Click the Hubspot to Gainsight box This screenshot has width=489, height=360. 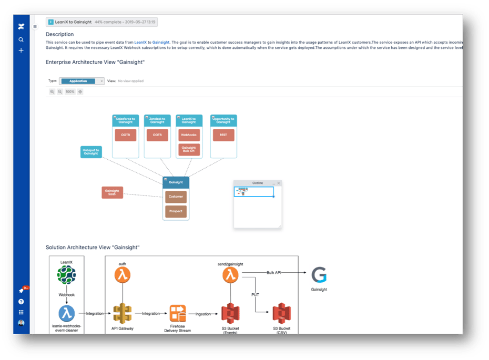[x=90, y=152]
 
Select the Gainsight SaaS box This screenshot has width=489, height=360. [x=112, y=192]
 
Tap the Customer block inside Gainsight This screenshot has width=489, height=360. [x=176, y=197]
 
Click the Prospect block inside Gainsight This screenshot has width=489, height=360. [x=176, y=211]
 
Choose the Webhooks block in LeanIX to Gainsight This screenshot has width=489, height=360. [x=189, y=135]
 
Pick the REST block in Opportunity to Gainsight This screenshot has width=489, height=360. [x=223, y=135]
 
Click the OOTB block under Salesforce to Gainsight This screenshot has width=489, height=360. [x=126, y=135]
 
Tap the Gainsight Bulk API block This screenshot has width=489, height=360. [x=189, y=150]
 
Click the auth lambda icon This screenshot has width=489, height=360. [x=123, y=275]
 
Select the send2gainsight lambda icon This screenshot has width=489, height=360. [x=230, y=274]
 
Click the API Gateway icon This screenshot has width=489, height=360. [x=123, y=313]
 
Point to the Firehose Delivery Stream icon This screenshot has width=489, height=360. [x=178, y=313]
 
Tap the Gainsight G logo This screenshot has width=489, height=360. [x=319, y=275]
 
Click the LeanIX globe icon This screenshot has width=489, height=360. [x=67, y=275]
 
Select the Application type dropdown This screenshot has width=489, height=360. [x=81, y=81]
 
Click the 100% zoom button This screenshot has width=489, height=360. [x=70, y=91]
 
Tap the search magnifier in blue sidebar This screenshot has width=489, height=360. [x=21, y=39]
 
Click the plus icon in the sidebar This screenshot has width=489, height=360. [x=21, y=50]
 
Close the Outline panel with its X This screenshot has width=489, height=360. [x=279, y=183]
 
